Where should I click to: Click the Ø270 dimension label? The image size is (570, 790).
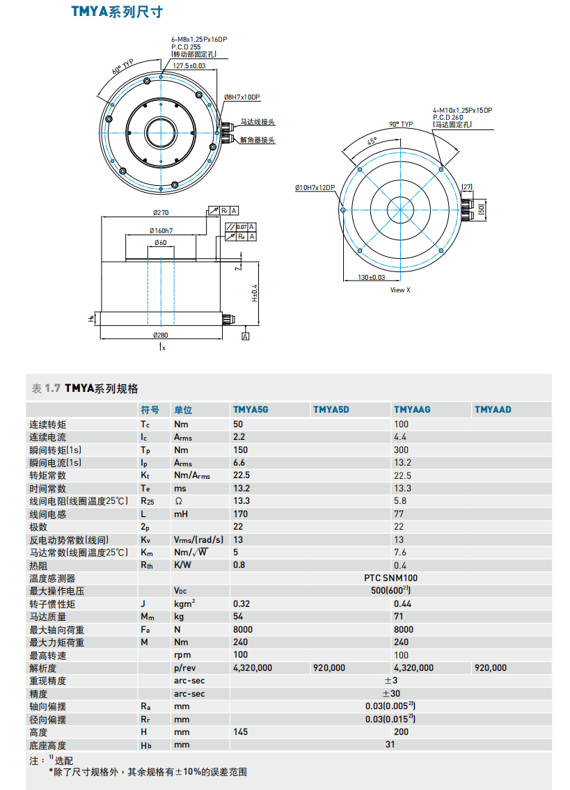pos(161,213)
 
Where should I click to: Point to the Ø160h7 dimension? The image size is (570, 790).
pos(161,230)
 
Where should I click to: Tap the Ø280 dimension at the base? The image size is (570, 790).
pos(161,335)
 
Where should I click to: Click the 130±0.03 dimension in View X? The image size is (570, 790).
pos(372,277)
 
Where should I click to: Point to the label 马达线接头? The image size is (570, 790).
pos(258,122)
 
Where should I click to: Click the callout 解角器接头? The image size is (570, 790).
pos(258,140)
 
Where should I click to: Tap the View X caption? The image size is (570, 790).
pos(400,290)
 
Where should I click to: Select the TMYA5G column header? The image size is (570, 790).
pos(251,409)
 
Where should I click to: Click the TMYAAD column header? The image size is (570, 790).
pos(493,409)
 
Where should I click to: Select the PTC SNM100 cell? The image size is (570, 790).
pos(390,578)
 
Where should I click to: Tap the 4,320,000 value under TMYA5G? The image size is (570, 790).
pos(253,667)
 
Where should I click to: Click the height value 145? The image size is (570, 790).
pos(240,732)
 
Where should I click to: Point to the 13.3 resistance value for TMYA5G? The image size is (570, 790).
pos(241,501)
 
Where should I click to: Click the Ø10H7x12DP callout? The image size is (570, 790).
pos(315,187)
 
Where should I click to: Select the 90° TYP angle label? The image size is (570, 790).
pos(401,124)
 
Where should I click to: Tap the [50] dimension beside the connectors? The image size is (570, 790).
pos(481,208)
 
